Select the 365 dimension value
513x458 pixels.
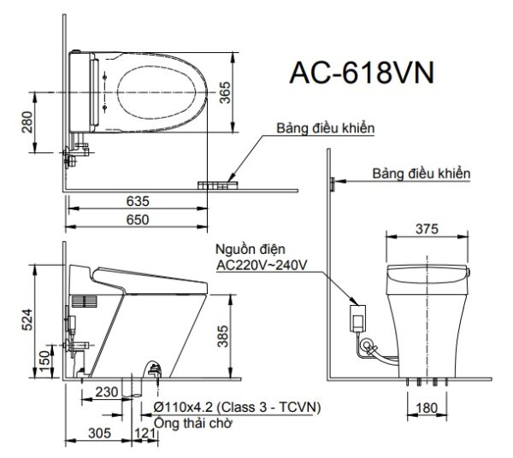tap(225, 85)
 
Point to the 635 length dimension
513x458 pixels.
tap(136, 202)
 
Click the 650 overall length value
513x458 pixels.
tap(136, 220)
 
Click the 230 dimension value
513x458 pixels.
tap(107, 392)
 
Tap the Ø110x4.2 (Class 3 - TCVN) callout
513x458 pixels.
tap(236, 408)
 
